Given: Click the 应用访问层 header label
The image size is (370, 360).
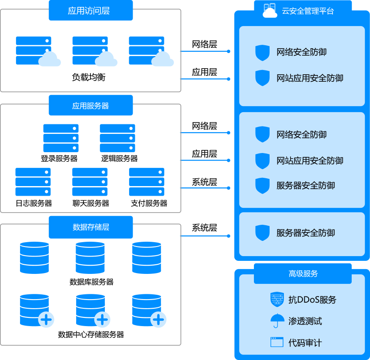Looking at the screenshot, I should pyautogui.click(x=90, y=11).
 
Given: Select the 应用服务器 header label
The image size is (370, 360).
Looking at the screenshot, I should pyautogui.click(x=90, y=106).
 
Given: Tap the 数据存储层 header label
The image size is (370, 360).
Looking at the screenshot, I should pyautogui.click(x=90, y=227).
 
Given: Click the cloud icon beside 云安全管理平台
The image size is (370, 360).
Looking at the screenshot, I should pyautogui.click(x=270, y=11).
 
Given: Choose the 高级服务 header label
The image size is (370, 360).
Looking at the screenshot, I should pyautogui.click(x=303, y=273).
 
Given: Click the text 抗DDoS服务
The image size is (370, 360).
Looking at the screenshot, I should pyautogui.click(x=312, y=300).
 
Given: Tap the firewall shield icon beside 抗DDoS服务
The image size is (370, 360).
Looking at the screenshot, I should pyautogui.click(x=277, y=300).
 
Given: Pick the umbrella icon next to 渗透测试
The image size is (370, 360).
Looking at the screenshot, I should pyautogui.click(x=277, y=321).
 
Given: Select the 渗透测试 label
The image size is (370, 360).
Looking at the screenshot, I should pyautogui.click(x=305, y=321).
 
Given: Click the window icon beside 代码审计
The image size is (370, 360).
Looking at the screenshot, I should pyautogui.click(x=277, y=342).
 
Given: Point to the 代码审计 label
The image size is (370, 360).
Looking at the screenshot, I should pyautogui.click(x=305, y=343).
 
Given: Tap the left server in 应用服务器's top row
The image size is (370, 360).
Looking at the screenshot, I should pyautogui.click(x=61, y=138).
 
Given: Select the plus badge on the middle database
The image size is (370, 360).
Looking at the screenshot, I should pyautogui.click(x=102, y=320).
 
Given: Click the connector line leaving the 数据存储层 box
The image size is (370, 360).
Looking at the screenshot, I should pyautogui.click(x=204, y=236).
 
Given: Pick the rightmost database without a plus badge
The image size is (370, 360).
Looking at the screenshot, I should pyautogui.click(x=147, y=257).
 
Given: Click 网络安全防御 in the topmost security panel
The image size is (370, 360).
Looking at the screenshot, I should pyautogui.click(x=301, y=52).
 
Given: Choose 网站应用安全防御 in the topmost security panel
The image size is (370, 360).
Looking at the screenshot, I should pyautogui.click(x=310, y=78).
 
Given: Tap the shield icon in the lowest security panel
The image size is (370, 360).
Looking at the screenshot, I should pyautogui.click(x=262, y=233).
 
